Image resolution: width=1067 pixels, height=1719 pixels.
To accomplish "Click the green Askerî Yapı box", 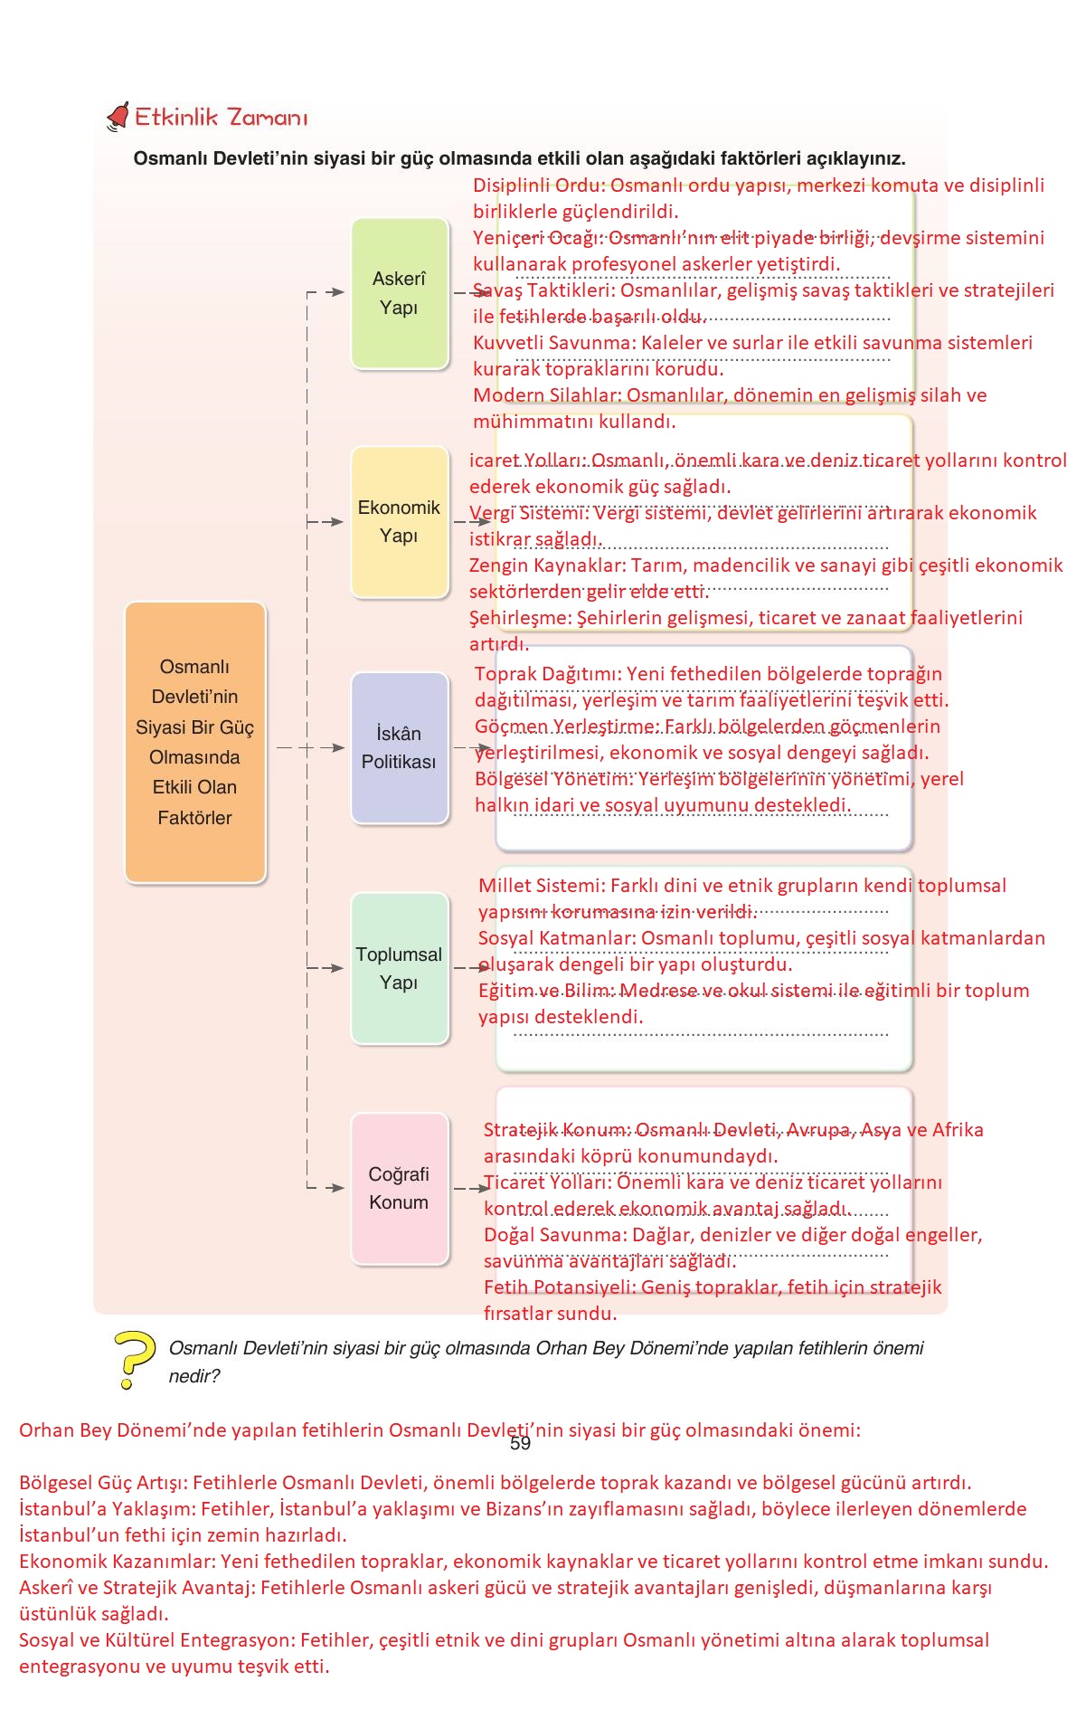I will coord(399,293).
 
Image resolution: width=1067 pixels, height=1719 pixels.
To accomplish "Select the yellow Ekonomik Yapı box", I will coord(399,522).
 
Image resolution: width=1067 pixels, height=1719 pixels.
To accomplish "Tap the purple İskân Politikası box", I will coord(399,748).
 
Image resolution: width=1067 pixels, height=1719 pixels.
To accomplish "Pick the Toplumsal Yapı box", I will coord(399,968).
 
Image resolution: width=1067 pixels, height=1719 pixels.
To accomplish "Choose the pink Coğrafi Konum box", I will coord(399,1188).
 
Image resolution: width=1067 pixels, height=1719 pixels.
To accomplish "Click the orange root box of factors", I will coord(194,742).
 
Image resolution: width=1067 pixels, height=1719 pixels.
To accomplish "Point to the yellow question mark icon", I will coord(133,1358).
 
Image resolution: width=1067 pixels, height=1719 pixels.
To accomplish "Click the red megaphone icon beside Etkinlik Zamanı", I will coord(118,117).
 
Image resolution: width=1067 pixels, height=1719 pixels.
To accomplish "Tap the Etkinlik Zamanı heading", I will coord(222,118).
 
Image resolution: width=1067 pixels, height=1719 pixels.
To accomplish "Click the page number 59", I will coord(520,1444).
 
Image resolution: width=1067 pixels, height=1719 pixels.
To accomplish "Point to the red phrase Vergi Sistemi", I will coord(528,513).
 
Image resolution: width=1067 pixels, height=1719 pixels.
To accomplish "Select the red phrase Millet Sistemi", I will coord(541,886).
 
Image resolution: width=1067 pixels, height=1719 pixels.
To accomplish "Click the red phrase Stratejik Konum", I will coord(555,1130).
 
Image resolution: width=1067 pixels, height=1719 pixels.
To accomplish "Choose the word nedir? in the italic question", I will coord(194,1376).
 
